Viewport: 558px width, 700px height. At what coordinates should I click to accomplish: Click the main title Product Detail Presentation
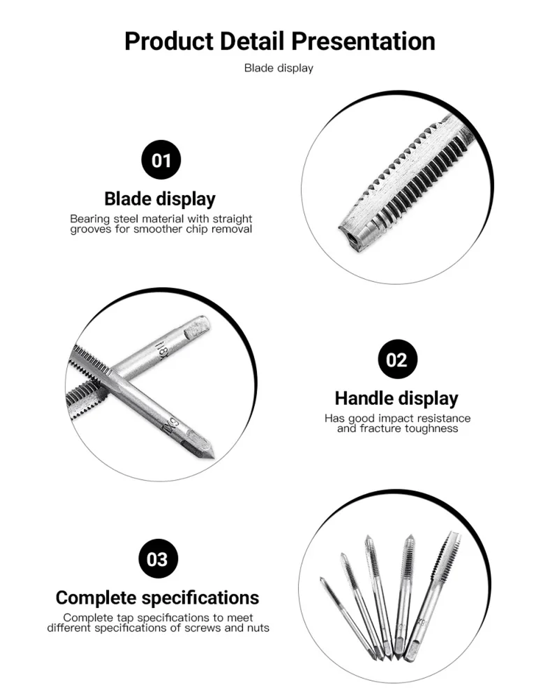[279, 41]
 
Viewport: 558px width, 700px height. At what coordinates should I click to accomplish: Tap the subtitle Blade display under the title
[279, 68]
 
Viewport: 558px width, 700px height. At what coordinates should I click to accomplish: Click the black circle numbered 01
[161, 160]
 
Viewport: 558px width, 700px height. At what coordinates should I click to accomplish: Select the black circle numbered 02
[397, 359]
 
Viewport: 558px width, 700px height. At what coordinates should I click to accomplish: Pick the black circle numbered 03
[158, 559]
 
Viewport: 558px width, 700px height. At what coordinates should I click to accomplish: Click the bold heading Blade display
[160, 199]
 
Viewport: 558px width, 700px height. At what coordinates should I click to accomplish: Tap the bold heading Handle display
[396, 399]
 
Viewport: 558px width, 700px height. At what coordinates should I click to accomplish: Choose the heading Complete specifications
[157, 598]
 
